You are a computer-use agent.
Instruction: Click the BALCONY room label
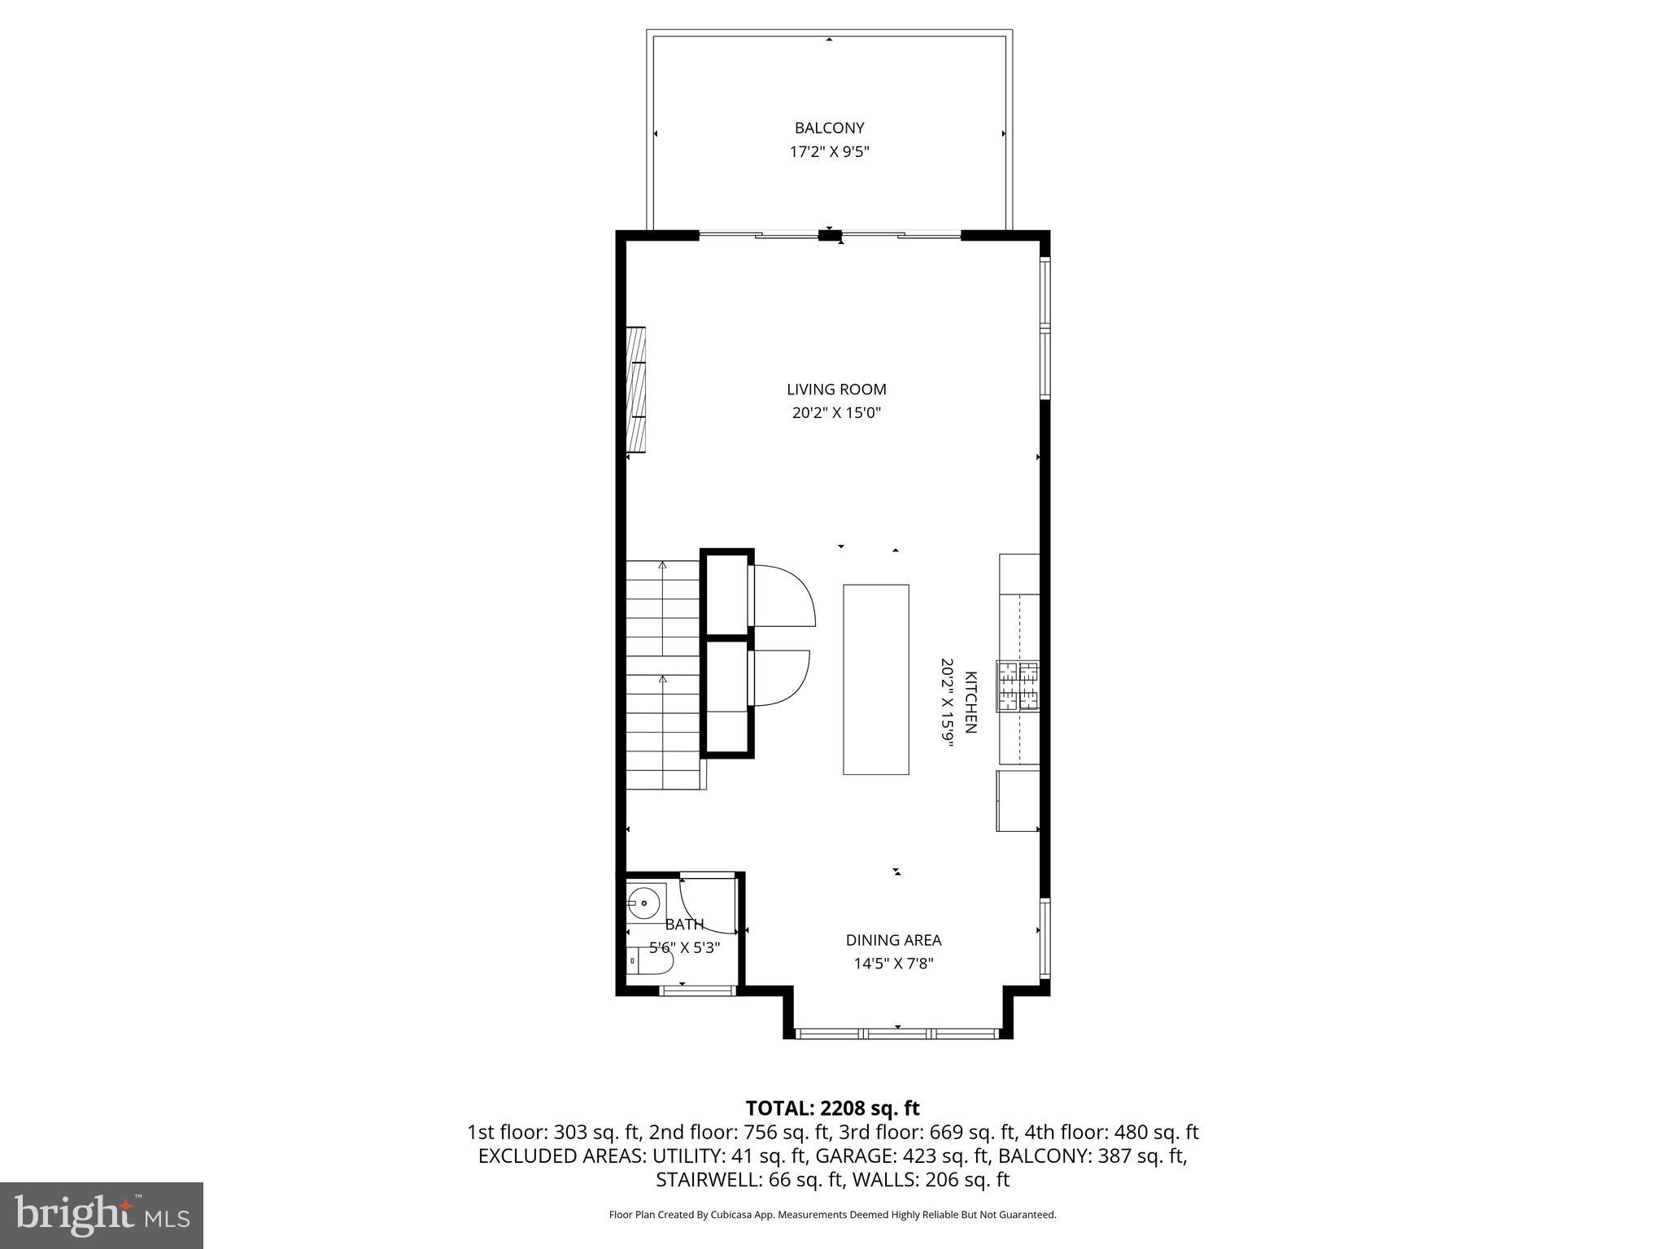[x=829, y=128]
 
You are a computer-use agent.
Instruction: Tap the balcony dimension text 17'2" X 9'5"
[x=829, y=152]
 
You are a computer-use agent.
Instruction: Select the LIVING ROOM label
[x=836, y=389]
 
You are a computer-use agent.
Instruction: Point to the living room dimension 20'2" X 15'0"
[x=836, y=413]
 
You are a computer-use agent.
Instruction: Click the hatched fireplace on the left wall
[x=635, y=389]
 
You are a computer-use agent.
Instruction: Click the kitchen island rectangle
[x=875, y=679]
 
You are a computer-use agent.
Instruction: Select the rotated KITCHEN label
[x=970, y=703]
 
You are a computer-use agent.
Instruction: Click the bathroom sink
[x=646, y=902]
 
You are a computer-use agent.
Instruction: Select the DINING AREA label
[x=893, y=940]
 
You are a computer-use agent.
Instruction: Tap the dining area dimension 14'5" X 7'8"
[x=893, y=964]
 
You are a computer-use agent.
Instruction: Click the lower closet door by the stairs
[x=779, y=677]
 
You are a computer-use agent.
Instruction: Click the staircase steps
[x=662, y=675]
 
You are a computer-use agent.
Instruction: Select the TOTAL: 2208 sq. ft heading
[x=832, y=1108]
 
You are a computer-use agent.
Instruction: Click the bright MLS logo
[x=102, y=1215]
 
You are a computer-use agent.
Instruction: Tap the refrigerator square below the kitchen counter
[x=1018, y=801]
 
